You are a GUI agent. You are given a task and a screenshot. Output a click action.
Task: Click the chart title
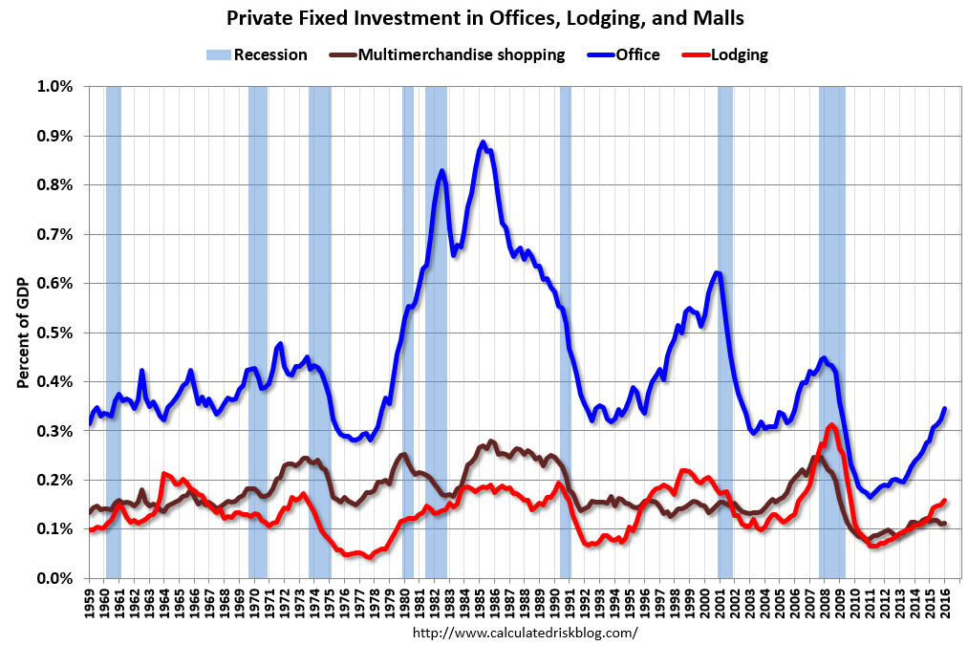pos(484,17)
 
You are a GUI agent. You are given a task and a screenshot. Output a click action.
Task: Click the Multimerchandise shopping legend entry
pos(455,54)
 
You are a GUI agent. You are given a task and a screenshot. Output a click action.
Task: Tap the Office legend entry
pos(629,54)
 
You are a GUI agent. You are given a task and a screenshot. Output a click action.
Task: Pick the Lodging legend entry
pos(730,54)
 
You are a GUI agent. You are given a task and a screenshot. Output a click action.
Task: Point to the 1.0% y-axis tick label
pos(54,87)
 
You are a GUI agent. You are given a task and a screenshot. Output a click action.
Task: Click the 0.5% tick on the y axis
pos(54,333)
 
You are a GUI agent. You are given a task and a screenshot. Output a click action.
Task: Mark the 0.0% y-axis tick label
pos(54,578)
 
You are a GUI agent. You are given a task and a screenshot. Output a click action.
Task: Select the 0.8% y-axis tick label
pos(54,185)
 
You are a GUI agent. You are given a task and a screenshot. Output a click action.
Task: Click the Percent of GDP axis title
pos(22,333)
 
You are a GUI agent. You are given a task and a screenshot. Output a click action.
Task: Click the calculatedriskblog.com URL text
pos(525,633)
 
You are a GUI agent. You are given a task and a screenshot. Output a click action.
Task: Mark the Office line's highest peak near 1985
pos(484,142)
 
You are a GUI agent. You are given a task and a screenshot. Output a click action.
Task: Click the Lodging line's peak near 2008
pos(832,424)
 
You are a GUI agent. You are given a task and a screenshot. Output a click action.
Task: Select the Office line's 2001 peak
pos(718,273)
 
